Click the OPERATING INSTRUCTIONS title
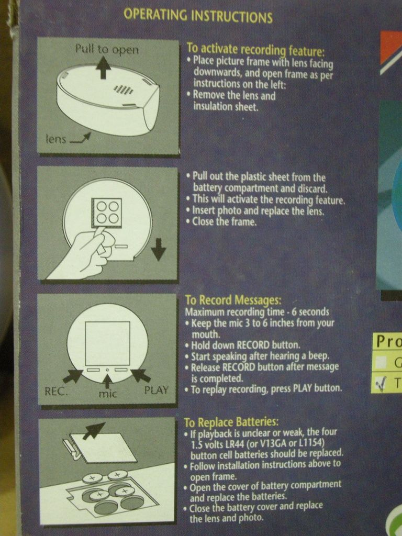(x=198, y=15)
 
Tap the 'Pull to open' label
(x=107, y=50)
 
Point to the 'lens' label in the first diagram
(x=55, y=139)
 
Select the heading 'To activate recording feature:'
(x=255, y=50)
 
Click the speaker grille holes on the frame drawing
(x=124, y=89)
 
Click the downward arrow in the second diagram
(x=158, y=249)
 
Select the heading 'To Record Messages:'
(x=233, y=300)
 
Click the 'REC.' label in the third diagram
(x=56, y=391)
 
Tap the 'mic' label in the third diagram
(x=108, y=394)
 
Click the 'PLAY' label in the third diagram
(x=156, y=390)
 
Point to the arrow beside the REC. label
(x=72, y=376)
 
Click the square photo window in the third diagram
(x=108, y=343)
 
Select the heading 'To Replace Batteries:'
(x=231, y=422)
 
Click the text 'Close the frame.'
(x=224, y=222)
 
